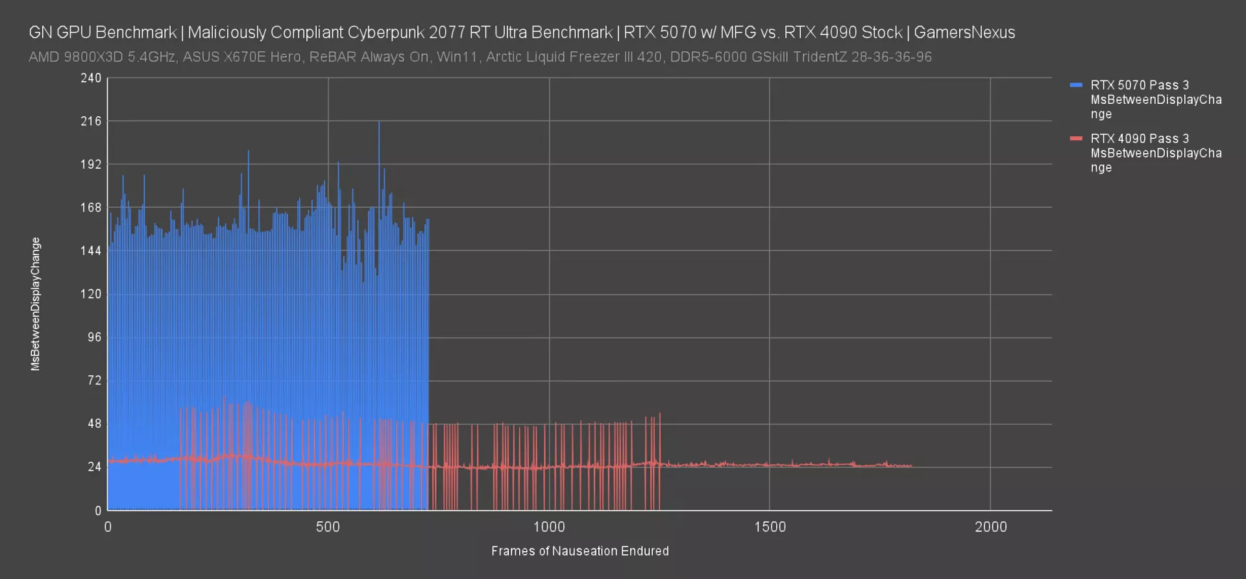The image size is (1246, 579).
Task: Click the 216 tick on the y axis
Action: click(x=91, y=121)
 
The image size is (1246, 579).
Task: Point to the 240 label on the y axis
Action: click(x=91, y=79)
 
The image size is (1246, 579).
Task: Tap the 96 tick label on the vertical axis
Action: click(x=95, y=338)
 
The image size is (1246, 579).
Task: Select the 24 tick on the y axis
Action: click(x=95, y=467)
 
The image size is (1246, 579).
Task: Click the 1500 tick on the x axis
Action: click(x=770, y=527)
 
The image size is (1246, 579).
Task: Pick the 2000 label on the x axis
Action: click(x=990, y=527)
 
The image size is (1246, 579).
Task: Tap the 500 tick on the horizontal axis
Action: click(x=328, y=527)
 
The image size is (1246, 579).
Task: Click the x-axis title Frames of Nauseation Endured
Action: click(x=580, y=551)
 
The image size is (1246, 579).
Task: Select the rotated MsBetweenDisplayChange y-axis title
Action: click(x=36, y=304)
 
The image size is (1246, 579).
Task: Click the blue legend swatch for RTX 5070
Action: click(x=1076, y=85)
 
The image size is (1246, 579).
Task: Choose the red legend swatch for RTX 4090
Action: click(x=1076, y=138)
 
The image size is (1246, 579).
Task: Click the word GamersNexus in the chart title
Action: click(x=964, y=32)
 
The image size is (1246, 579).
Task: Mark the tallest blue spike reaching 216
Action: click(x=379, y=123)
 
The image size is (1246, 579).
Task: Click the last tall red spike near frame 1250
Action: click(x=660, y=414)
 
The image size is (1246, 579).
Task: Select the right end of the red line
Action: click(x=911, y=466)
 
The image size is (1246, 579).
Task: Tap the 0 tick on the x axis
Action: click(x=108, y=527)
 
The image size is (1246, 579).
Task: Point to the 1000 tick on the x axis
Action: click(x=549, y=527)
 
